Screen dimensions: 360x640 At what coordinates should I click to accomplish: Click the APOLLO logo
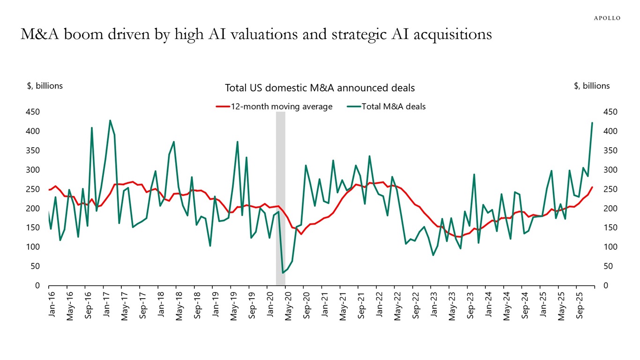pos(607,18)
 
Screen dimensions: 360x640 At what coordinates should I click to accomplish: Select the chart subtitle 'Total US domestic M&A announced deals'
pos(320,88)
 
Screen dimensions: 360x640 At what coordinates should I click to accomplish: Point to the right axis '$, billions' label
pos(592,86)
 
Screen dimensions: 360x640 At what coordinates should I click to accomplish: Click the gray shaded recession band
pos(280,197)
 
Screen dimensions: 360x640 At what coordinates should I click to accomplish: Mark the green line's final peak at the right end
pos(592,123)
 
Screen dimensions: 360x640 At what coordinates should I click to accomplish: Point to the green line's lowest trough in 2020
pos(283,273)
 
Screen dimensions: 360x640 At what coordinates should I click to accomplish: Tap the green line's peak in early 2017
pos(110,120)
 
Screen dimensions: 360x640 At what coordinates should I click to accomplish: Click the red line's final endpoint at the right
pos(592,187)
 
